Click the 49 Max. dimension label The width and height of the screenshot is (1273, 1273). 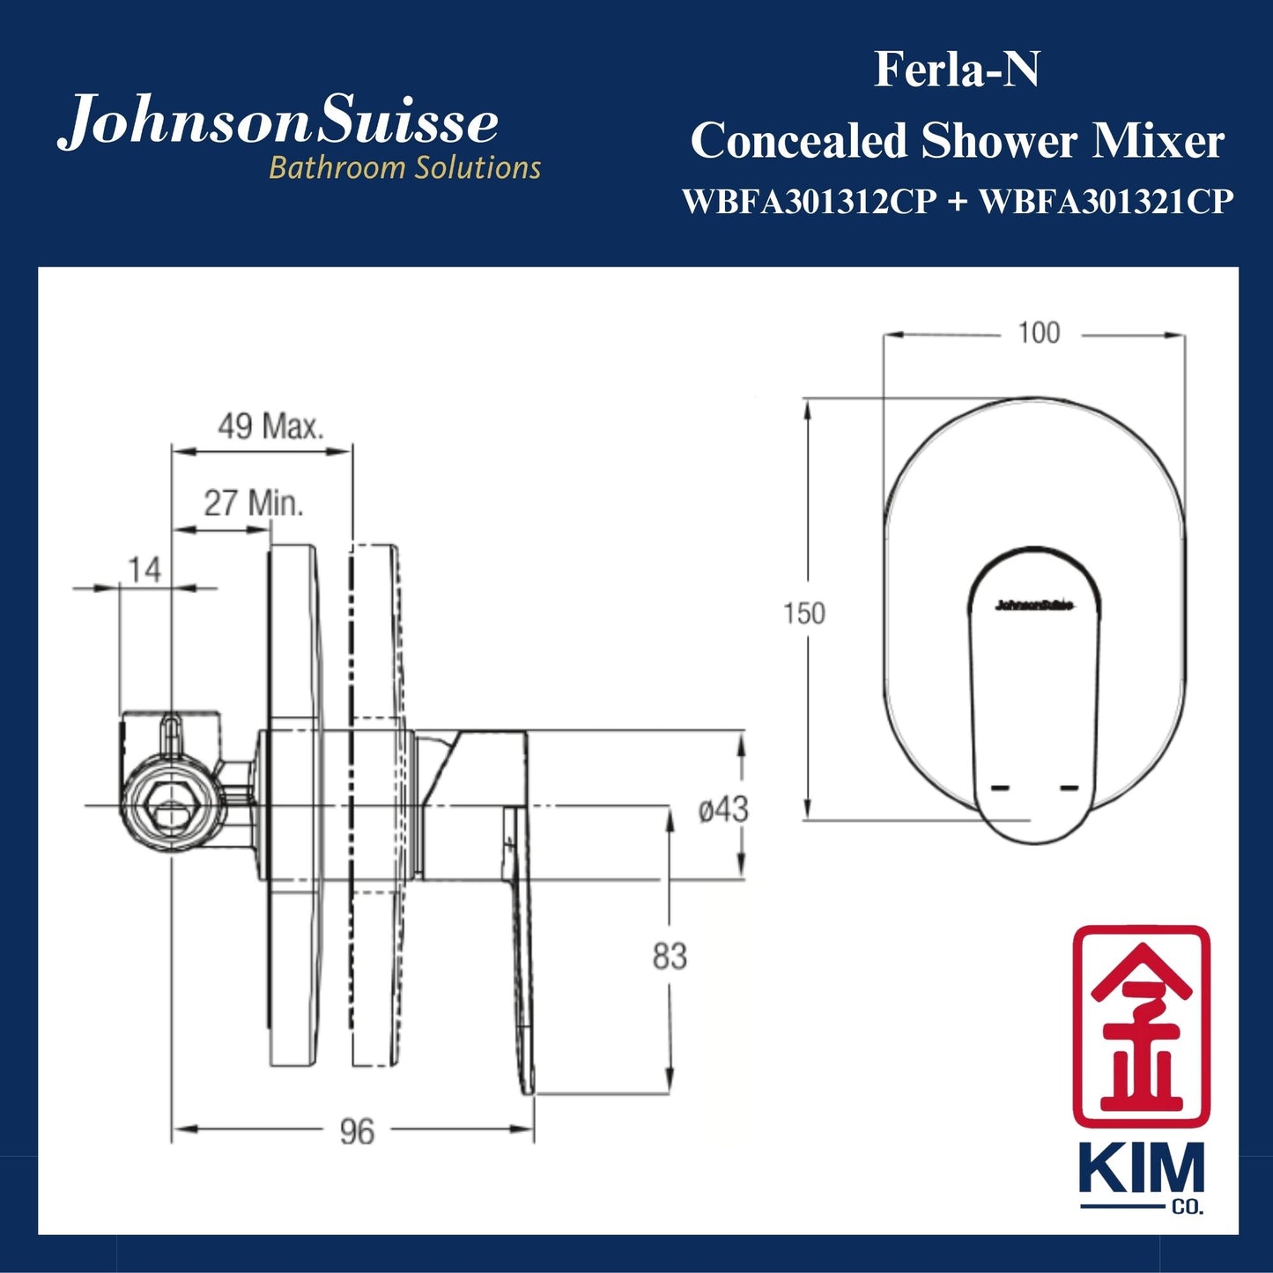(270, 427)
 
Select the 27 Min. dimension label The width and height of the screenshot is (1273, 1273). (254, 503)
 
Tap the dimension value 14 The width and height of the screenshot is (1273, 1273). (144, 570)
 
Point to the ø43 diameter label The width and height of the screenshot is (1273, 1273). (723, 809)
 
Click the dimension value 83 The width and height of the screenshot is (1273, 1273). (670, 956)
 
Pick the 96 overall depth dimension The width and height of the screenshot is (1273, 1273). (357, 1131)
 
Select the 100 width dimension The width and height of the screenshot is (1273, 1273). (1039, 333)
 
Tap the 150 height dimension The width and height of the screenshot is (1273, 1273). (803, 613)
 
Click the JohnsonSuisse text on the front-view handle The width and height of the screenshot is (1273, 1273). (1034, 605)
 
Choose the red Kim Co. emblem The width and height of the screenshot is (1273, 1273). (1140, 1025)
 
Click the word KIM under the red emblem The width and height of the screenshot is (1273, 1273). (1141, 1169)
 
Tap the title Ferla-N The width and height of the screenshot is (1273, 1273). (956, 70)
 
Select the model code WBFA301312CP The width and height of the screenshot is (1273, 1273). (810, 203)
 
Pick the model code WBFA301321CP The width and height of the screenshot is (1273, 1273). (1106, 203)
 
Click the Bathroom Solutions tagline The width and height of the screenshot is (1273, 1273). (404, 167)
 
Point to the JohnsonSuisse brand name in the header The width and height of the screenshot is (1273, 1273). (278, 123)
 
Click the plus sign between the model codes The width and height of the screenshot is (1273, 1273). (958, 203)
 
